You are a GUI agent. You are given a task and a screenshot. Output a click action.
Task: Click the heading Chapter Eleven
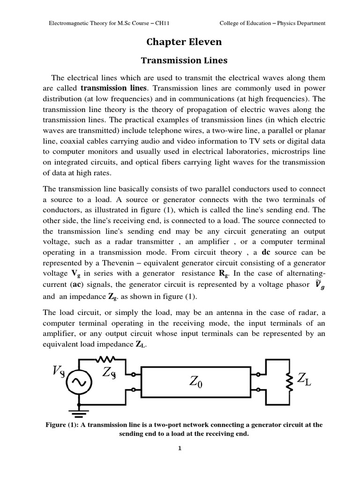click(x=184, y=42)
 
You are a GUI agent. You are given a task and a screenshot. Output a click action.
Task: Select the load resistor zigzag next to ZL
click(x=290, y=379)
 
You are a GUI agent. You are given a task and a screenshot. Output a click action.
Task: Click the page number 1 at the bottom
click(x=179, y=448)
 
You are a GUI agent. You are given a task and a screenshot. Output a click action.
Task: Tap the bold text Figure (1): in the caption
click(x=61, y=425)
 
